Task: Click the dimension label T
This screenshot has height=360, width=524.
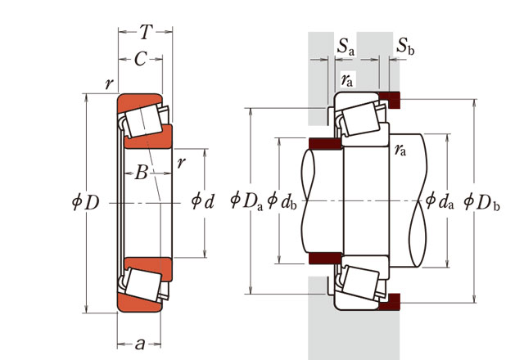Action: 145,32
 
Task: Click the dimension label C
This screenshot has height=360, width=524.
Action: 140,58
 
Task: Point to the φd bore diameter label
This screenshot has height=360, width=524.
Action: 201,200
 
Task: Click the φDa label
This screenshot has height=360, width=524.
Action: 246,199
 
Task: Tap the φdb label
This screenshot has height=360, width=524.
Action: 282,199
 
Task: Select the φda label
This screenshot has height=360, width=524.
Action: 440,199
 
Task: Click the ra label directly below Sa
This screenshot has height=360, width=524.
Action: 347,79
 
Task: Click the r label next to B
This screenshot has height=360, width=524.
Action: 181,162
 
